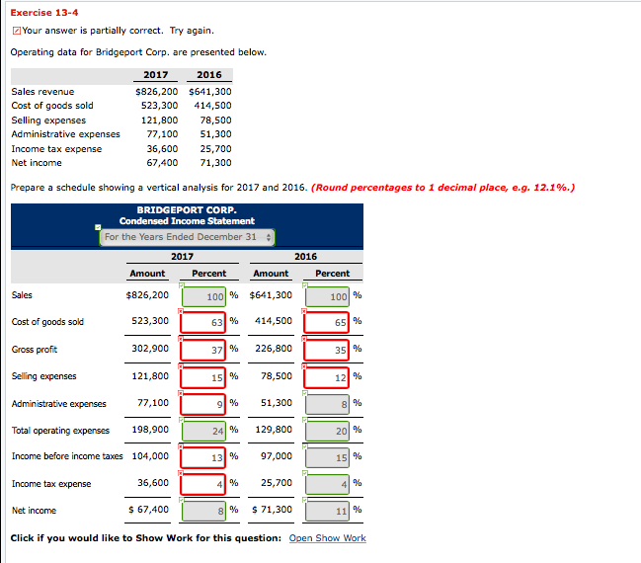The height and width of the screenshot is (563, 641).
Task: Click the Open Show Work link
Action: pyautogui.click(x=327, y=538)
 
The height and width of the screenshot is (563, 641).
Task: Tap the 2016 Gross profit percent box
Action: pyautogui.click(x=328, y=349)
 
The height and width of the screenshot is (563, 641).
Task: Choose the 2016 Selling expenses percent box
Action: pyautogui.click(x=328, y=376)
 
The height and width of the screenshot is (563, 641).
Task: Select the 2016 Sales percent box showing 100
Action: pyautogui.click(x=328, y=295)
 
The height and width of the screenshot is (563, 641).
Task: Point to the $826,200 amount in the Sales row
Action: pyautogui.click(x=148, y=295)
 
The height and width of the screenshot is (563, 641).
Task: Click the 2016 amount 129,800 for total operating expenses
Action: pyautogui.click(x=273, y=430)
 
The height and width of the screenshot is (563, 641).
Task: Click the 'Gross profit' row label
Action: pyautogui.click(x=35, y=349)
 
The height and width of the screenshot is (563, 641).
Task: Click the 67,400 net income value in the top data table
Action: pyautogui.click(x=162, y=163)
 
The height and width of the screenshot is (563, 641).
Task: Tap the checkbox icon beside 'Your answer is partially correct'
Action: pyautogui.click(x=15, y=31)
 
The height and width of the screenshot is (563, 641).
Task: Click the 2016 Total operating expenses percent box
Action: pyautogui.click(x=328, y=430)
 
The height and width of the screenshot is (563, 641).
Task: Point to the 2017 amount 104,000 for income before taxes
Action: pyautogui.click(x=149, y=456)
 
